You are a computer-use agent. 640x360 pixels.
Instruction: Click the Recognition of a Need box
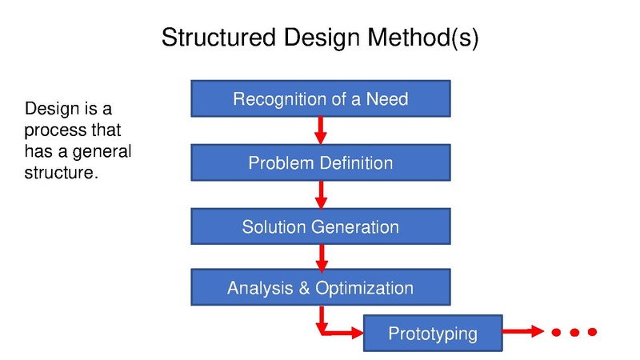321,98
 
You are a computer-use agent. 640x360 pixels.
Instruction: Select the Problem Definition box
321,162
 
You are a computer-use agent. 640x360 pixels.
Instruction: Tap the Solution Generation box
321,226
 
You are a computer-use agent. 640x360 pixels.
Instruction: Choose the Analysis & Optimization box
321,287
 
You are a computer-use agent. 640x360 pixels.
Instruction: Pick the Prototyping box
433,333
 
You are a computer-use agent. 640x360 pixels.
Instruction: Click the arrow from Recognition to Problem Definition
321,130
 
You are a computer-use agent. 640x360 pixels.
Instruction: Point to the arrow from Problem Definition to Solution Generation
322,194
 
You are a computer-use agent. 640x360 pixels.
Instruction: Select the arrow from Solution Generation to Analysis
322,258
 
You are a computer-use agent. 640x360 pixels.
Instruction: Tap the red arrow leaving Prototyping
523,331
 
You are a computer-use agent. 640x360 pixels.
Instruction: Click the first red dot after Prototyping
556,332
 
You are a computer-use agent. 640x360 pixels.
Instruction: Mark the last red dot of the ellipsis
592,332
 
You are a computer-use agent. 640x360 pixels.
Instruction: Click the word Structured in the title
218,37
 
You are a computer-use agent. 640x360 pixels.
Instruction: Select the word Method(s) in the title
423,38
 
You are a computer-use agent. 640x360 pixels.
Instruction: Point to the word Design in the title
322,38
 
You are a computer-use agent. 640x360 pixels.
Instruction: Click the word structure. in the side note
62,173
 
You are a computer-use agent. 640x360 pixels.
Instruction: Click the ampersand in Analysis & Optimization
304,288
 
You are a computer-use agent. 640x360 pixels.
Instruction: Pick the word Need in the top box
387,99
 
